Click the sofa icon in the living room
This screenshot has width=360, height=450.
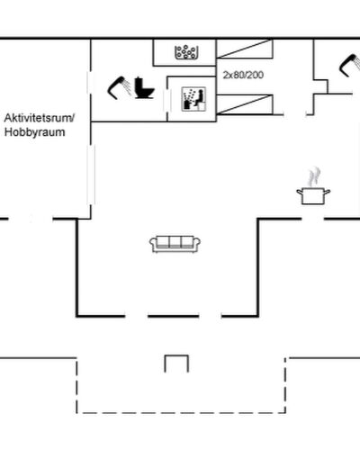pyautogui.click(x=175, y=244)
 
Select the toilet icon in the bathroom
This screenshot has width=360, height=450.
pyautogui.click(x=144, y=88)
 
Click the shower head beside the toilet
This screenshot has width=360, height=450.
pyautogui.click(x=119, y=88)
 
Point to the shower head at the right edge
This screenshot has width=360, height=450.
pyautogui.click(x=350, y=65)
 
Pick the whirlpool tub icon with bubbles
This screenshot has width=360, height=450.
pyautogui.click(x=186, y=52)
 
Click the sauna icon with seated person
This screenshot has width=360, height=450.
pyautogui.click(x=193, y=99)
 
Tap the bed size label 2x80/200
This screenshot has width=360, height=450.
pyautogui.click(x=243, y=75)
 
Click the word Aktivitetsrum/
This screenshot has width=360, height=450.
pyautogui.click(x=39, y=118)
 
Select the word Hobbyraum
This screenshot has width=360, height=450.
pyautogui.click(x=34, y=132)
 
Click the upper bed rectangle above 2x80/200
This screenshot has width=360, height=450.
pyautogui.click(x=245, y=49)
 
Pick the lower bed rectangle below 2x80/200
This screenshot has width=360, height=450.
pyautogui.click(x=245, y=104)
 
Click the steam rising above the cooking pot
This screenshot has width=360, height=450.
pyautogui.click(x=314, y=176)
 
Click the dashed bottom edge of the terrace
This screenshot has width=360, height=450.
pyautogui.click(x=181, y=413)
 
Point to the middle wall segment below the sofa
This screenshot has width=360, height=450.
pyautogui.click(x=173, y=316)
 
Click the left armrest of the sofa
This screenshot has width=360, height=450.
pyautogui.click(x=153, y=244)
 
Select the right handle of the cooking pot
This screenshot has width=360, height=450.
pyautogui.click(x=327, y=192)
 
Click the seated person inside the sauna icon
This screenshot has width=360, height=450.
pyautogui.click(x=199, y=97)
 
